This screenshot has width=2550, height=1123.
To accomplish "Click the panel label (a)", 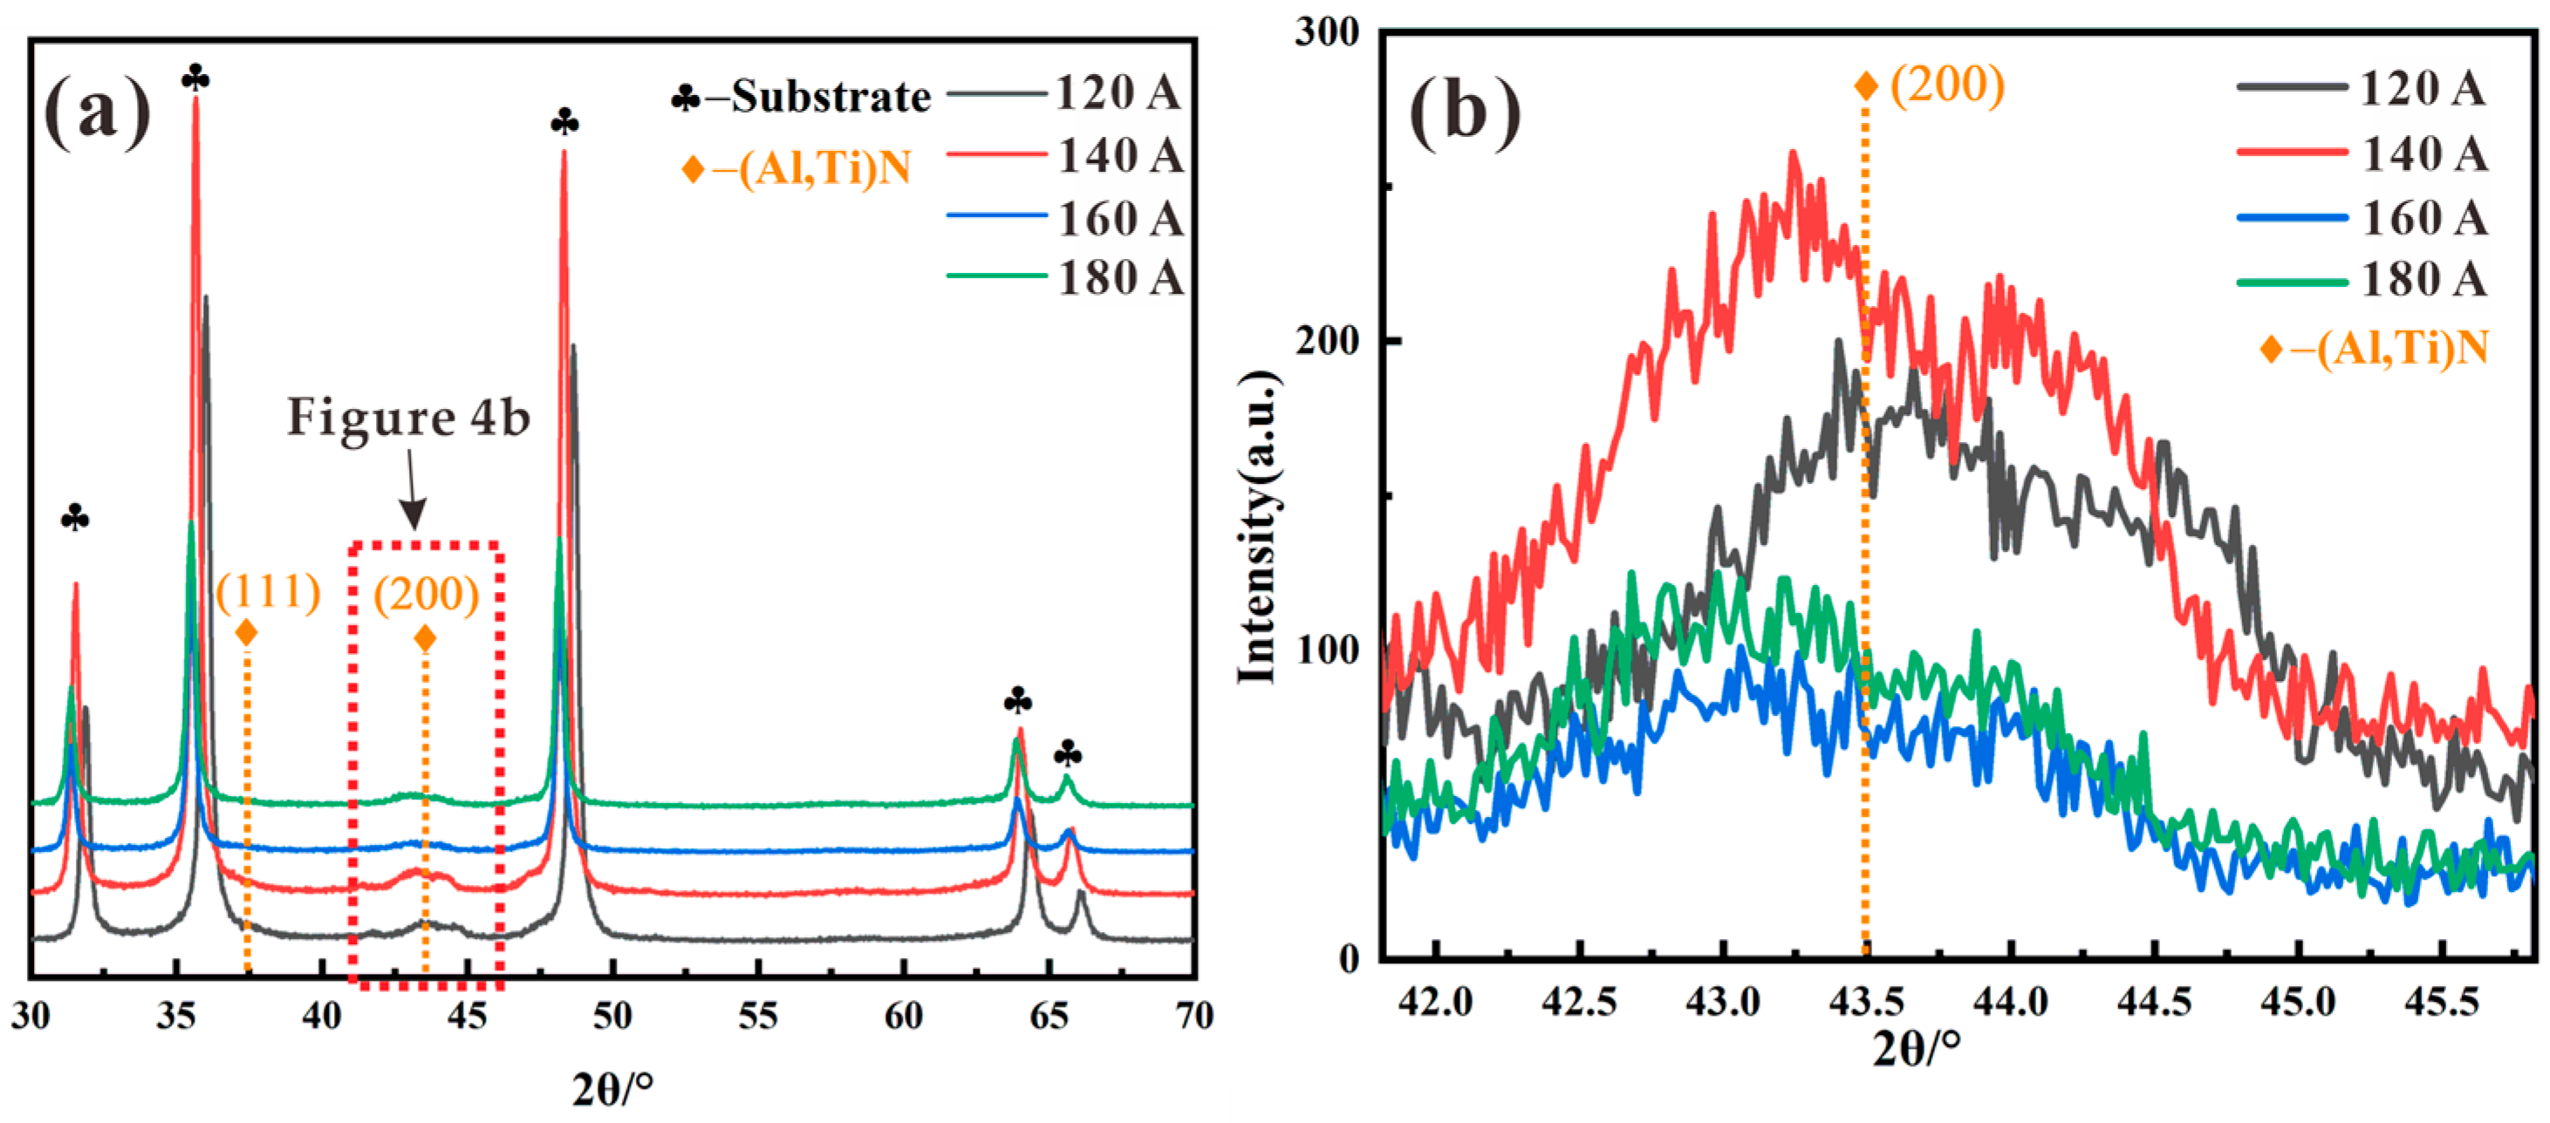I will click(x=97, y=111).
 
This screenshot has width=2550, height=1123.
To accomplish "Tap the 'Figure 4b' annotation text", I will click(x=409, y=417).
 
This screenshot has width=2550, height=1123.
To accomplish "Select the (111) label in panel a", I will click(x=269, y=592).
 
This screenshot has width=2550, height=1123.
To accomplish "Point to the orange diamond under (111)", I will click(x=247, y=632).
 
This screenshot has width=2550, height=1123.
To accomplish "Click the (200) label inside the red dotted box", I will click(x=426, y=594).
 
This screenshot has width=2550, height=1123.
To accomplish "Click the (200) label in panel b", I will click(x=1947, y=85).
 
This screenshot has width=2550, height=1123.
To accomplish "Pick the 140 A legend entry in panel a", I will click(x=1119, y=155).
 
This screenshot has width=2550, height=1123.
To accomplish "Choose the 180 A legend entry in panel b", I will click(x=2424, y=280).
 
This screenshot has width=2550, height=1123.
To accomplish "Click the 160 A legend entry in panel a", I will click(x=1119, y=218).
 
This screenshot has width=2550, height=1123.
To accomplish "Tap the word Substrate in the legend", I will click(x=831, y=97).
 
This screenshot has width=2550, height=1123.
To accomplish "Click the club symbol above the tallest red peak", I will click(x=195, y=78).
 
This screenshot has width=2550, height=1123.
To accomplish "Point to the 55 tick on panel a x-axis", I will click(x=757, y=1015).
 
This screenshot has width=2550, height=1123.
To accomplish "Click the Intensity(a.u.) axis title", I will click(x=1258, y=526).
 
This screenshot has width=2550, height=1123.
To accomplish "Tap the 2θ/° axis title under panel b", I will click(x=1916, y=1047).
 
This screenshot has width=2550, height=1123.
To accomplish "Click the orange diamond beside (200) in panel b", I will click(x=1866, y=86).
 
